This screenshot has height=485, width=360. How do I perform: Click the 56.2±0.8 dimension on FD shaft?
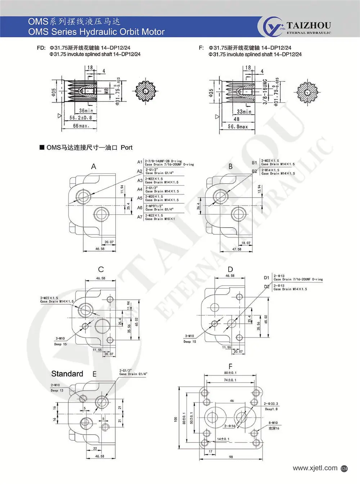tap(81, 118)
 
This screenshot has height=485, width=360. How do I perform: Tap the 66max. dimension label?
tap(81, 126)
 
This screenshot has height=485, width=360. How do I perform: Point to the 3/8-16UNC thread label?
tap(265, 92)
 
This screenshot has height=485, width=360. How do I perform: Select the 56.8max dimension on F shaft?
tap(238, 127)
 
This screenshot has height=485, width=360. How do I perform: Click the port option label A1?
tap(140, 162)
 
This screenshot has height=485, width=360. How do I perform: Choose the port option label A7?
tap(140, 217)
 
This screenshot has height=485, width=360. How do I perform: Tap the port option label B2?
tap(255, 171)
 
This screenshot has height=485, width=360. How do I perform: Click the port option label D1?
tap(266, 278)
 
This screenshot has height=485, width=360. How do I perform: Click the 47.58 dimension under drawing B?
tap(237, 249)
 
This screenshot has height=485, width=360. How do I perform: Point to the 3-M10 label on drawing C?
tap(60, 338)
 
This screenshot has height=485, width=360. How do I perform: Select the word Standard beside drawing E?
tap(67, 374)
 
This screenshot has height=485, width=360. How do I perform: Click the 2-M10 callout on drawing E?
tap(55, 385)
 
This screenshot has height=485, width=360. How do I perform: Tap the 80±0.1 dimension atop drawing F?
tap(230, 373)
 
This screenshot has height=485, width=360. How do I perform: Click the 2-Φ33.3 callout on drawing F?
tap(271, 404)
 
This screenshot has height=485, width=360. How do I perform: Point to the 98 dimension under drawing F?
tap(231, 457)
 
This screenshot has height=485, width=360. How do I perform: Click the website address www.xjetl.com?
tap(315, 468)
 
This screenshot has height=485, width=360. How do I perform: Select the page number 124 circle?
tap(344, 468)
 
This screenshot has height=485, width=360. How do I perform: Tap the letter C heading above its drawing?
tap(101, 269)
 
